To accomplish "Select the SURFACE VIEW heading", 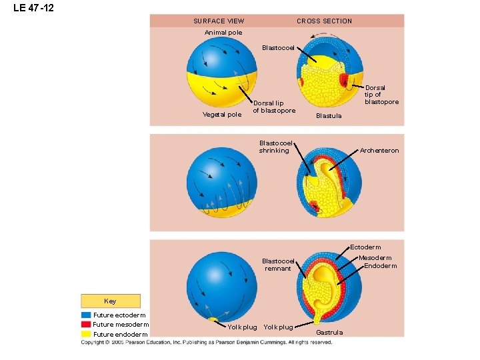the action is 219,21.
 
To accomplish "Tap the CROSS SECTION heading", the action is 324,21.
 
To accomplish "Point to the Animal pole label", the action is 223,32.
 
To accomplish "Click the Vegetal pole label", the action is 221,114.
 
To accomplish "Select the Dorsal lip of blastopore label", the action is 274,107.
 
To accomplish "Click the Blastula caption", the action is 329,116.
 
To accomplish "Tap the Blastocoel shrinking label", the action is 275,147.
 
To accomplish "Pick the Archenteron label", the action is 379,151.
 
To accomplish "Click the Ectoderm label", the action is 365,247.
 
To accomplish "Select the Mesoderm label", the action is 375,258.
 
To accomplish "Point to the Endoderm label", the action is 380,266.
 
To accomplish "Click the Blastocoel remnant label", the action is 278,265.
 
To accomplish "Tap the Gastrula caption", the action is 329,332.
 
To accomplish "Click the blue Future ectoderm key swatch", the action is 86,315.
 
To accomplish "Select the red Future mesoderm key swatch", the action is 86,324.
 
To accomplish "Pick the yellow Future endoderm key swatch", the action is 86,334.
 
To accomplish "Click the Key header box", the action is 111,301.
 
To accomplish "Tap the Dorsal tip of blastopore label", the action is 382,95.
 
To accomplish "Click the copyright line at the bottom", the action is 207,343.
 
